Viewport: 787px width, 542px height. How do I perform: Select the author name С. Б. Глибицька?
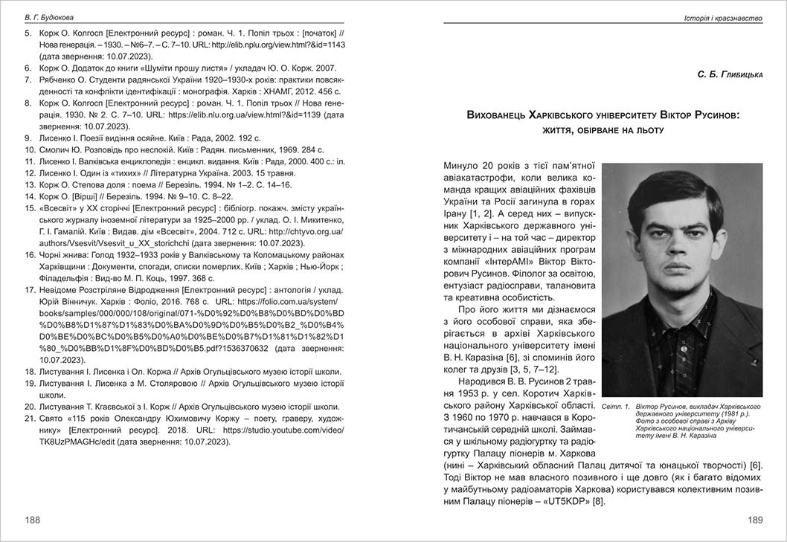point(730,74)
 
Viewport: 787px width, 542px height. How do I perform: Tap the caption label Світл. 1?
point(615,407)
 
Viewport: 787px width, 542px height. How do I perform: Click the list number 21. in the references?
point(30,419)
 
